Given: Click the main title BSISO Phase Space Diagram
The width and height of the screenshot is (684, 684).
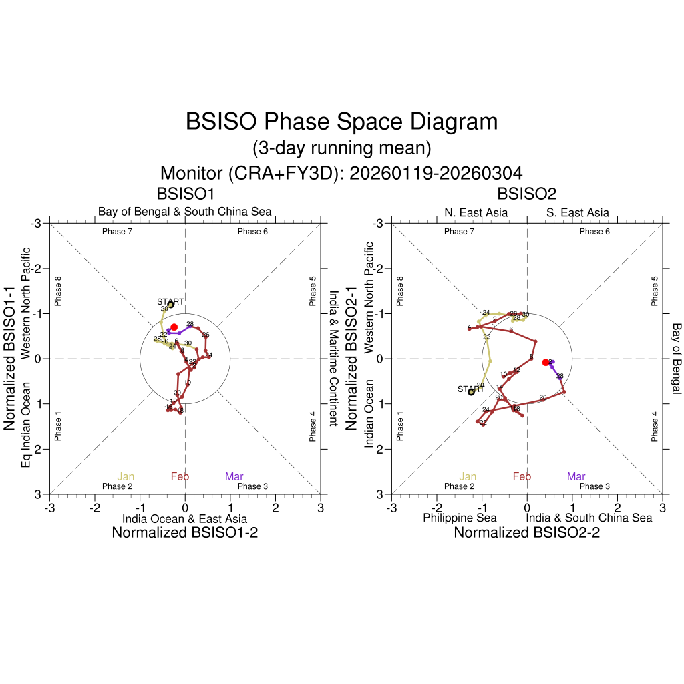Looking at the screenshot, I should [341, 122].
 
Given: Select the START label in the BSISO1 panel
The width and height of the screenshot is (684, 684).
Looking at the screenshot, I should [170, 301].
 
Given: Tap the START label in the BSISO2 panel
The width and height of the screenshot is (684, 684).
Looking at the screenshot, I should [470, 389].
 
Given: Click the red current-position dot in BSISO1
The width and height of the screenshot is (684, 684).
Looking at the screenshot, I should [174, 327].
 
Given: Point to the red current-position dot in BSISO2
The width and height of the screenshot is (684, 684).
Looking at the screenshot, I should [546, 362].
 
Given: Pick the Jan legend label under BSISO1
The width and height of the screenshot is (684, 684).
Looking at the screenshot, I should [126, 476].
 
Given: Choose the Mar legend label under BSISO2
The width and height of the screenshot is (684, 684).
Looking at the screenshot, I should [576, 476].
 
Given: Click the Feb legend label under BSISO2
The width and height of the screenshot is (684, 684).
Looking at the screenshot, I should [522, 476].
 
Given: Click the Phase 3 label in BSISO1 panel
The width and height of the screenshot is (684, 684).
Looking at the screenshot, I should [252, 486].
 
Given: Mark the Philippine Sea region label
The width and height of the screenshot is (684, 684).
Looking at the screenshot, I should [460, 518].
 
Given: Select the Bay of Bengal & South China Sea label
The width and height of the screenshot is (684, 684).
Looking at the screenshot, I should [185, 212].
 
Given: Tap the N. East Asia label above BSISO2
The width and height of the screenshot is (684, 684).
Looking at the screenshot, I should [476, 212].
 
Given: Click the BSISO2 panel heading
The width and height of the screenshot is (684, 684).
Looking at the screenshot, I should [527, 194].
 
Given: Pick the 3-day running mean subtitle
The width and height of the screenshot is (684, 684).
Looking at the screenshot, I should [341, 147].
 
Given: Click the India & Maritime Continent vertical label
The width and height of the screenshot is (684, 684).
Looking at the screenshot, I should [333, 358].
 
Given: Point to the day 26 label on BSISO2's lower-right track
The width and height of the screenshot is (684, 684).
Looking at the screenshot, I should [543, 398].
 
